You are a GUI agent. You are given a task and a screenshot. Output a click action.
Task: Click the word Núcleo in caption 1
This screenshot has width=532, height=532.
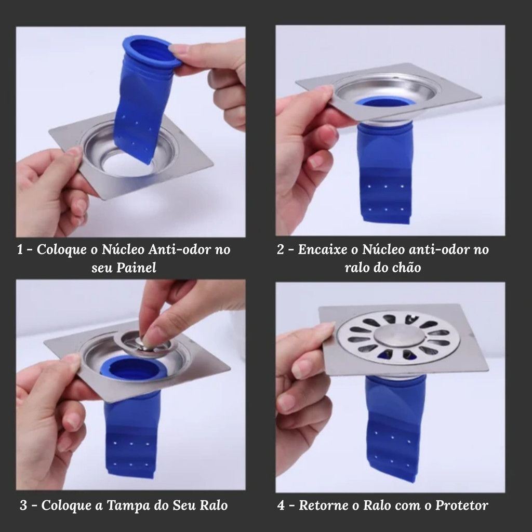pyautogui.click(x=123, y=249)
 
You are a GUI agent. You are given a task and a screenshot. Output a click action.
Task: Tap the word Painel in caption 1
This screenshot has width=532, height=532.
pyautogui.click(x=136, y=268)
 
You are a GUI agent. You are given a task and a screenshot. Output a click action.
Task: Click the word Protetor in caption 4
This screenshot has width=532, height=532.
pyautogui.click(x=461, y=506)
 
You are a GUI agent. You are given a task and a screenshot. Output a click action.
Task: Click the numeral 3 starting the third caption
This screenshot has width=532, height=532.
pyautogui.click(x=23, y=506)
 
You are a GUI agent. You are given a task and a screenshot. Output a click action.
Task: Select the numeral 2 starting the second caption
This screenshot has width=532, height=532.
pyautogui.click(x=281, y=249)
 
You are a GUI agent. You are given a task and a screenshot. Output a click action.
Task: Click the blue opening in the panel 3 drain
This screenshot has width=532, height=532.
pyautogui.click(x=134, y=369)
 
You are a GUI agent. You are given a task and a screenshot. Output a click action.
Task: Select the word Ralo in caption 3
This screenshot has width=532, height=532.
pyautogui.click(x=214, y=506)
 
